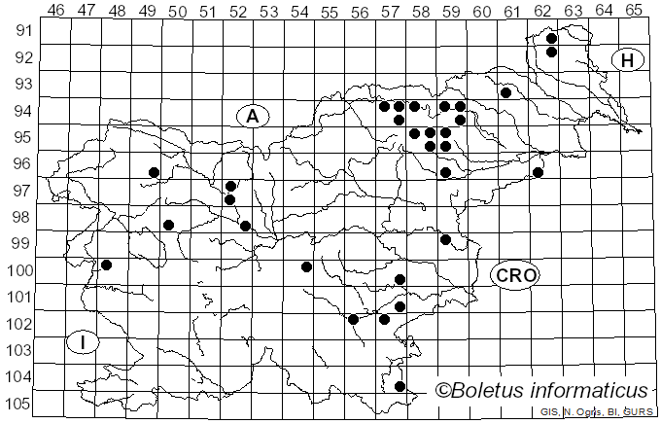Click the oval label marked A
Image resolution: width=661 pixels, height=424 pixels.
(x=252, y=117)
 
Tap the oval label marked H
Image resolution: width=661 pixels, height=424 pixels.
(x=628, y=60)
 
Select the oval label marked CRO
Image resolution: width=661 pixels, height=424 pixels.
(x=515, y=275)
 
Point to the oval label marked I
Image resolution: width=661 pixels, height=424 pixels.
(x=84, y=342)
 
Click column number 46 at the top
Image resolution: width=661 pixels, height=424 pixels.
(x=56, y=10)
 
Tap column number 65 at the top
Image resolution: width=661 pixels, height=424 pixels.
(x=634, y=10)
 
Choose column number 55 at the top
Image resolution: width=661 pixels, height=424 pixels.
(x=329, y=10)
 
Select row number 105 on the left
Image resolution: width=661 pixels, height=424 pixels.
(x=19, y=404)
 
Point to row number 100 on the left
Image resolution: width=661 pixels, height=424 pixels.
(x=19, y=270)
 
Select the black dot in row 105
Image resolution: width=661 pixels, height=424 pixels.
(x=400, y=386)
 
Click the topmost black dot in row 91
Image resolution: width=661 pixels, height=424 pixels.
(x=551, y=38)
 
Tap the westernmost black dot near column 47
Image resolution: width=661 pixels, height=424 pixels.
(x=107, y=265)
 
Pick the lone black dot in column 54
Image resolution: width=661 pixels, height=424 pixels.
(x=306, y=266)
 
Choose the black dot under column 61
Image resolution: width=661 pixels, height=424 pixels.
(x=506, y=92)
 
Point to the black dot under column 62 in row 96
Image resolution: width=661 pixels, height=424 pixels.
(x=538, y=172)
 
